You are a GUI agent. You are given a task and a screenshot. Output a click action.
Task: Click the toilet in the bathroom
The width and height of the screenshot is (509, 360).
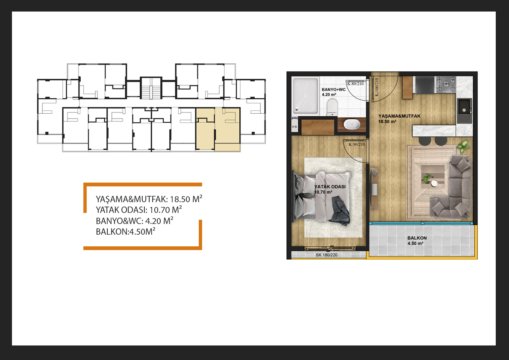point(332,107)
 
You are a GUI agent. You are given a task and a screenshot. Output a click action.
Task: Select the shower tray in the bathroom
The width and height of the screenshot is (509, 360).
point(306,95)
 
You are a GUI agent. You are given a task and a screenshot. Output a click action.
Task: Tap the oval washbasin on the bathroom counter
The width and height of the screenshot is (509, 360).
point(351,124)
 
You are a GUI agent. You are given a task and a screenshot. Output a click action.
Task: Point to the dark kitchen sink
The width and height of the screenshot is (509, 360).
point(465,111)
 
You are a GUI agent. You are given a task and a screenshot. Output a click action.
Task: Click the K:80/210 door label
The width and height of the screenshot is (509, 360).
point(356,83)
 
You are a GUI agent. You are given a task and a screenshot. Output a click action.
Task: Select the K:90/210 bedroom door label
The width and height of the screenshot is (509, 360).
point(357,145)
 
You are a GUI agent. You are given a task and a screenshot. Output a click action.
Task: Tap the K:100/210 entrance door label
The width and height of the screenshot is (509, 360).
point(377,87)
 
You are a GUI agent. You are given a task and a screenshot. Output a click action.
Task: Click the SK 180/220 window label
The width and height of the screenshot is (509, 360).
point(327,255)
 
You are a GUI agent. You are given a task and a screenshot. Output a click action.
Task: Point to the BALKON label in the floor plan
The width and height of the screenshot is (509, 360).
point(417,238)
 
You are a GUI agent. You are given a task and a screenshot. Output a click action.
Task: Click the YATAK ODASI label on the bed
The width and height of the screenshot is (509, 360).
point(330,187)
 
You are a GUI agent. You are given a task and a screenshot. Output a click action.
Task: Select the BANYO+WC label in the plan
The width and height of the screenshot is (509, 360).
point(334,90)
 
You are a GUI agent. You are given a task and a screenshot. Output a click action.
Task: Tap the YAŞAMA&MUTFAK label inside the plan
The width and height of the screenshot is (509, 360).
point(399,116)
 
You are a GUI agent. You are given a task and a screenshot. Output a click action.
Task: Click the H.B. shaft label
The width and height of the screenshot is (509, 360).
point(295,127)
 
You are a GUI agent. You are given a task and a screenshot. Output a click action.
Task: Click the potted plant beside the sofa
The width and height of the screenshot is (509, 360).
point(464,146)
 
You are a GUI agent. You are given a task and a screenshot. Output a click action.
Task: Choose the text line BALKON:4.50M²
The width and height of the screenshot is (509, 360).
point(126,231)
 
